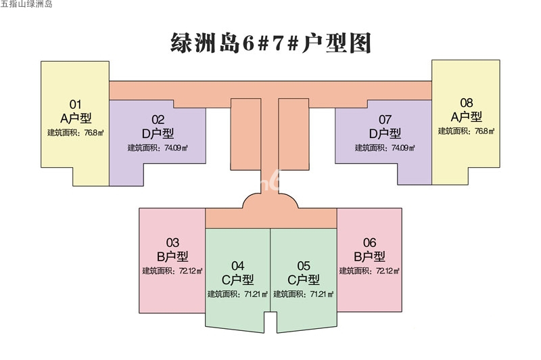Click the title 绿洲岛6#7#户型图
tap(271, 43)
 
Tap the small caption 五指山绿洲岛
tap(26, 4)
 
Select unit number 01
tap(75, 104)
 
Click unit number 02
tap(158, 119)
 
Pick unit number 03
tap(172, 242)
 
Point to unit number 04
tap(238, 266)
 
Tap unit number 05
tap(304, 266)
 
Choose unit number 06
tap(369, 242)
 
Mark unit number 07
tap(385, 119)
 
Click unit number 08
tap(467, 102)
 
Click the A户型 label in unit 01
tap(76, 118)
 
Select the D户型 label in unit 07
tap(385, 133)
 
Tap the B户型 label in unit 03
tap(172, 256)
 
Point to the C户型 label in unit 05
tap(304, 279)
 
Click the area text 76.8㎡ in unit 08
tap(484, 131)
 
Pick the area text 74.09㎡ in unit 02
tap(176, 148)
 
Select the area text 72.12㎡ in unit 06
tap(387, 271)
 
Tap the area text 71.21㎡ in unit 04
tap(256, 294)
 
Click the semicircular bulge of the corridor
tap(270, 201)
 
